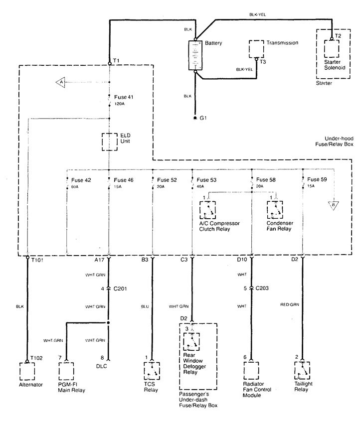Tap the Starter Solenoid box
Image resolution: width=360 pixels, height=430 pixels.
333,49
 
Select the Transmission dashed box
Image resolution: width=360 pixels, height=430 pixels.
257,49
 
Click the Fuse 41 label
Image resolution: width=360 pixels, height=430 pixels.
124,97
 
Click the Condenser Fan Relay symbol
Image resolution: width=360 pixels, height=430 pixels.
274,210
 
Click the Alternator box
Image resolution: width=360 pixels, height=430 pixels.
27,371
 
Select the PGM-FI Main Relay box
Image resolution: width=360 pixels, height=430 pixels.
66,371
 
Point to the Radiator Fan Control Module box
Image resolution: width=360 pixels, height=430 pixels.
251,371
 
